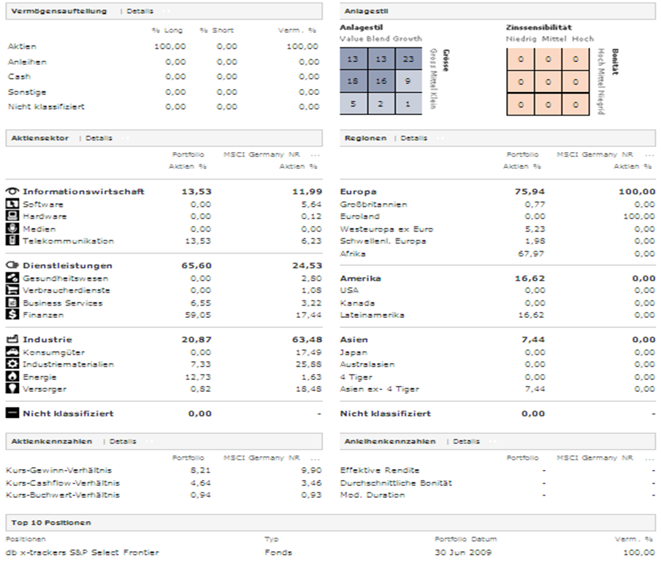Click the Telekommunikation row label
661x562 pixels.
pyautogui.click(x=68, y=240)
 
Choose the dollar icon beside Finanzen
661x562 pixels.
pyautogui.click(x=12, y=315)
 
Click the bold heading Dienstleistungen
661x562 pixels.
pyautogui.click(x=67, y=265)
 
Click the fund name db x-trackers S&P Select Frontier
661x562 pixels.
pyautogui.click(x=82, y=552)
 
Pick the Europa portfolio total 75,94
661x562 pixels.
pyautogui.click(x=532, y=191)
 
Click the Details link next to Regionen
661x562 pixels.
pyautogui.click(x=413, y=137)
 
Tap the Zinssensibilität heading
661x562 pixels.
pyautogui.click(x=539, y=28)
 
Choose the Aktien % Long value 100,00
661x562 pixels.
pyautogui.click(x=170, y=46)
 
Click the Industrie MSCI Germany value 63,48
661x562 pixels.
pyautogui.click(x=305, y=340)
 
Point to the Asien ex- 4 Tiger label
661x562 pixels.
pyautogui.click(x=380, y=390)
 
